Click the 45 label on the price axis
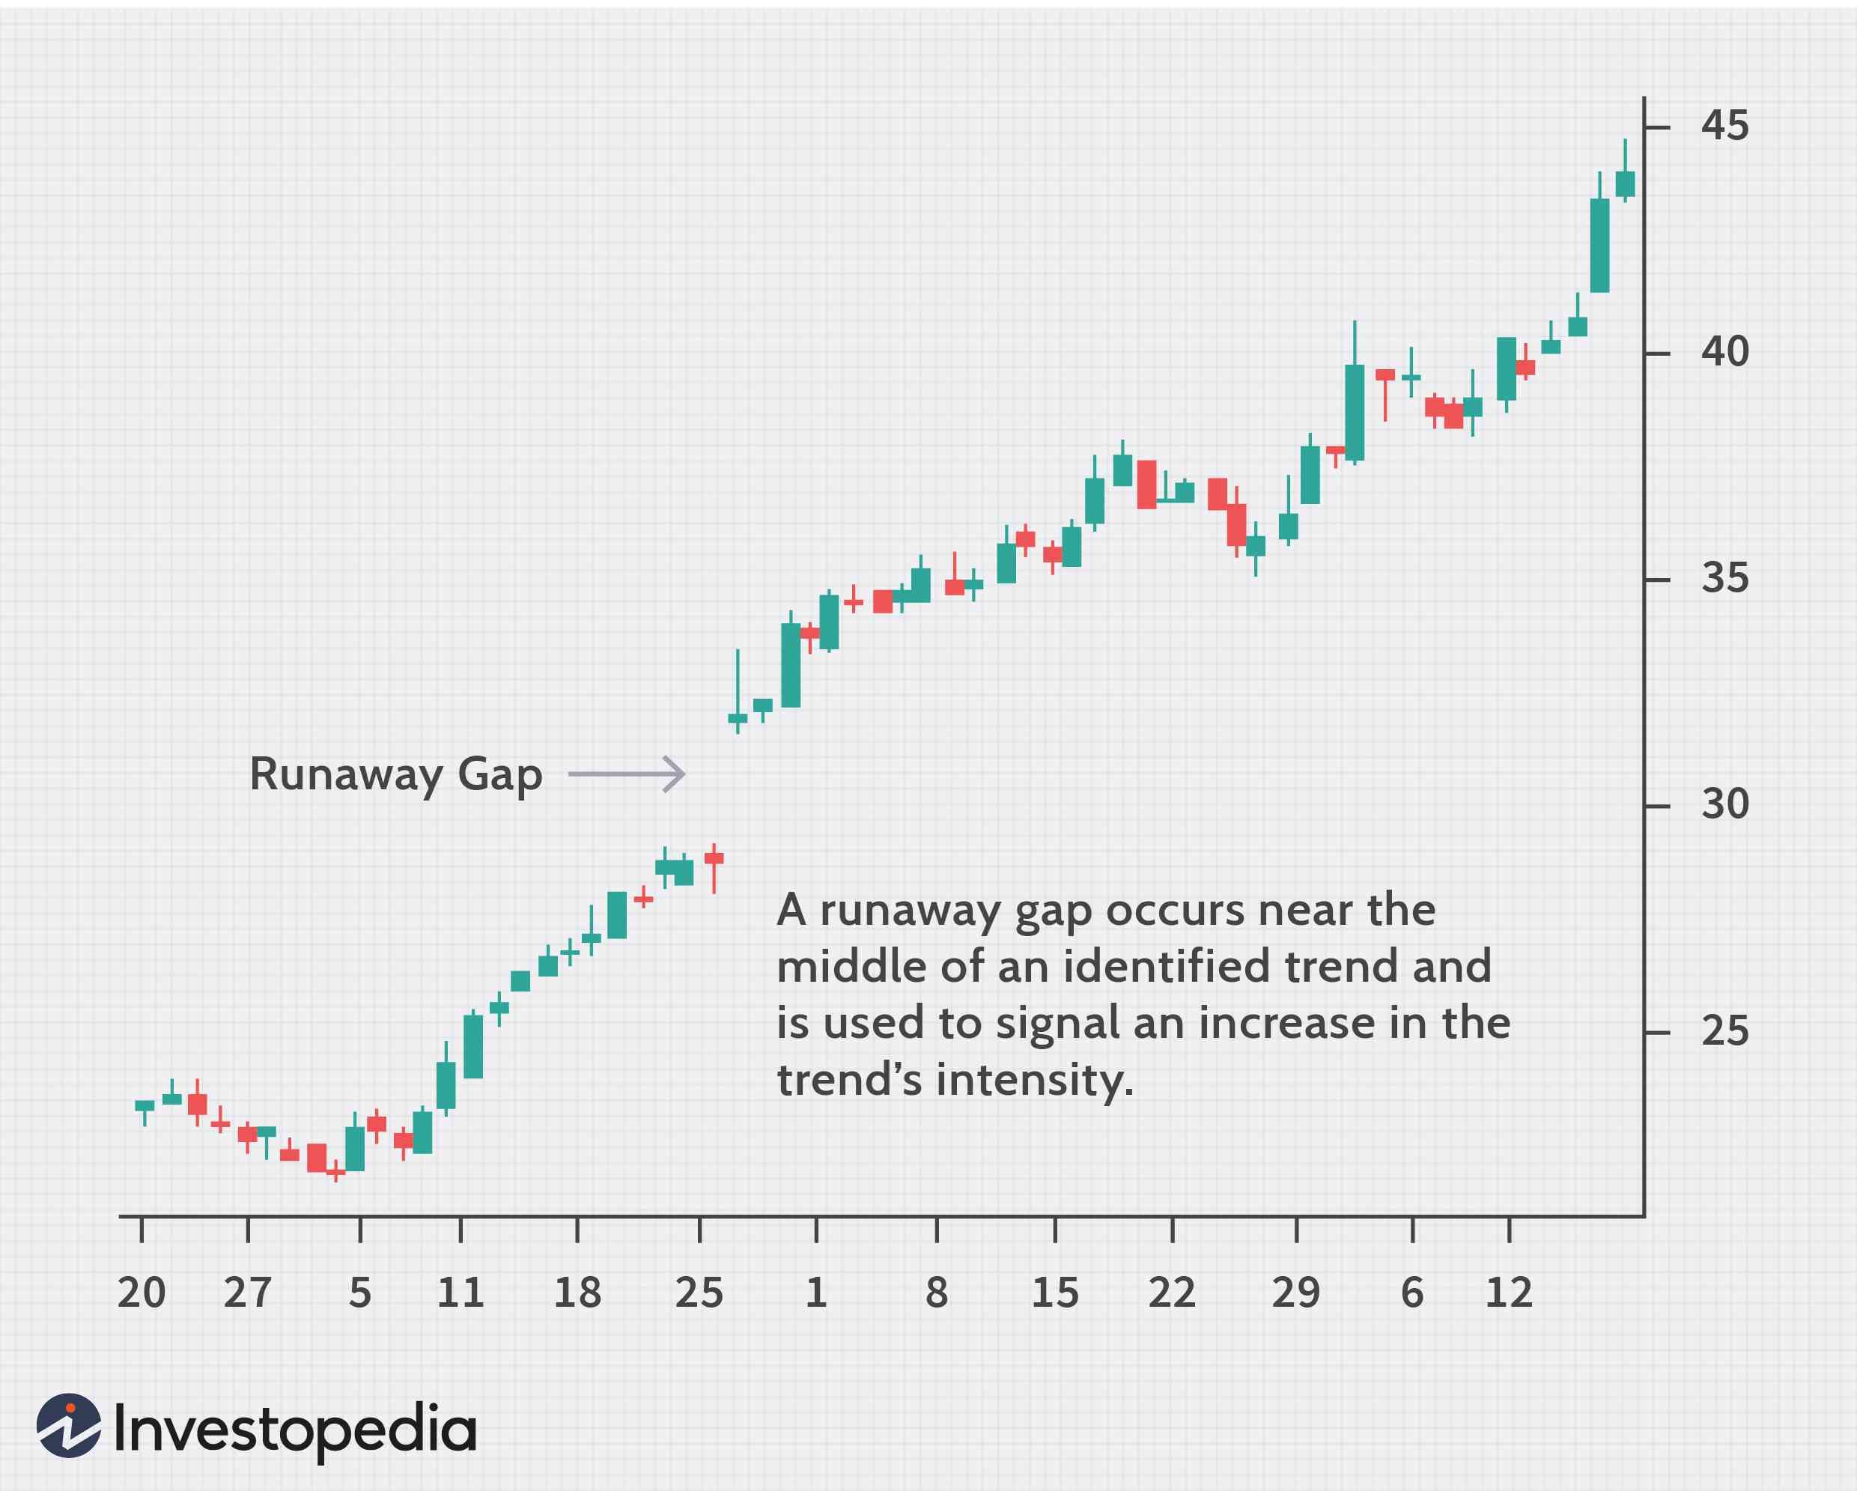tap(1724, 127)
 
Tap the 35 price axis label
tap(1724, 579)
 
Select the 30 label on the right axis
tap(1724, 804)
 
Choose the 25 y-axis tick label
tap(1724, 1031)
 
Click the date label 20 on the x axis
tap(142, 1293)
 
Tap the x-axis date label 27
tap(247, 1293)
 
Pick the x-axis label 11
tap(460, 1293)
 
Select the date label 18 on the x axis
tap(577, 1293)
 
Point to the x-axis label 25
tap(699, 1293)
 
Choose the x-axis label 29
tap(1295, 1293)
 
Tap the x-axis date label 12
tap(1509, 1293)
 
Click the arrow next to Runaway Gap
tap(627, 774)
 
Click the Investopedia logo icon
tap(69, 1426)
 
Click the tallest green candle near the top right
tap(1599, 246)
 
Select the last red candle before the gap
tap(714, 858)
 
